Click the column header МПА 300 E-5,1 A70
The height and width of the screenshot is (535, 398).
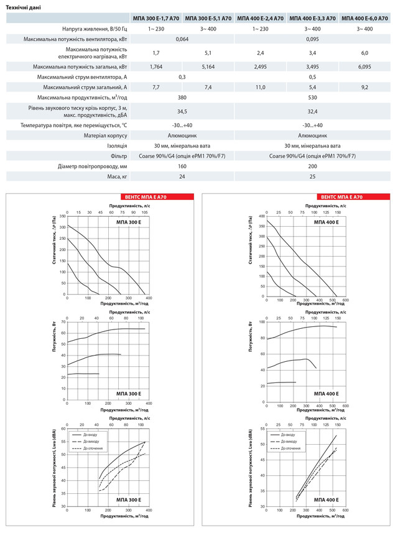[x=208, y=19]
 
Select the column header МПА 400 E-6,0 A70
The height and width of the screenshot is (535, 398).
[x=366, y=19]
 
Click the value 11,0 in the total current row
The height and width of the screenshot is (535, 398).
[x=261, y=88]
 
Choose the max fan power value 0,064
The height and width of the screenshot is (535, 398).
[x=182, y=39]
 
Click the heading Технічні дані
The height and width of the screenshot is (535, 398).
[x=24, y=6]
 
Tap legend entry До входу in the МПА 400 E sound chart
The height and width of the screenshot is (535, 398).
[x=287, y=434]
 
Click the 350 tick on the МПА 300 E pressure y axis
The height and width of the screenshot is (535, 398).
[x=62, y=216]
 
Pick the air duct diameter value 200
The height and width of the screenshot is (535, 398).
[x=313, y=166]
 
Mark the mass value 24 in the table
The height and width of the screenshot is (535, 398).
[x=182, y=177]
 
